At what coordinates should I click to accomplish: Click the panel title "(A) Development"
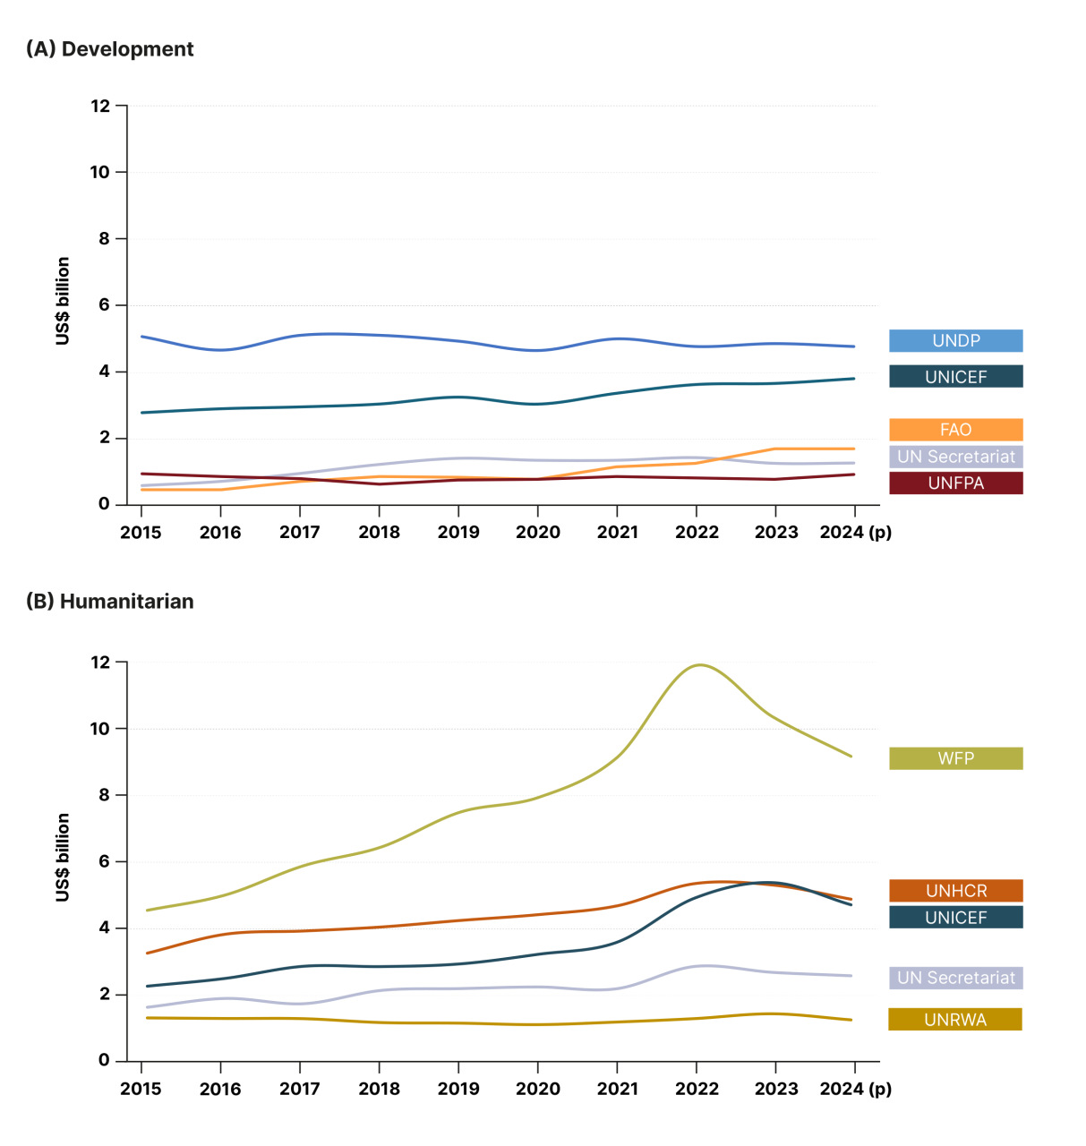tap(109, 49)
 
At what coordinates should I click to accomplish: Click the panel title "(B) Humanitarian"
tap(109, 602)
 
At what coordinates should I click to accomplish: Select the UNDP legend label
tap(955, 341)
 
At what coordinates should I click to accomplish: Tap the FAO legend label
tap(955, 430)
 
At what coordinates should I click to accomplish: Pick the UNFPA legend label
tap(955, 483)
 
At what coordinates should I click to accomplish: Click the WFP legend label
tap(955, 758)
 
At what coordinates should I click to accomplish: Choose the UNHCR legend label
tap(955, 891)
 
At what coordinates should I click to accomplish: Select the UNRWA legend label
tap(954, 1020)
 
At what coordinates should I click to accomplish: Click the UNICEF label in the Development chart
tap(955, 377)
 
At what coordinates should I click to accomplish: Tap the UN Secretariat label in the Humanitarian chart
tap(955, 978)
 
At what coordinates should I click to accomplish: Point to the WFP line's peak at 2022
tap(699, 665)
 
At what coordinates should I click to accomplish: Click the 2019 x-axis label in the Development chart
tap(458, 533)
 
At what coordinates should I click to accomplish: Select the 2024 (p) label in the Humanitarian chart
tap(855, 1090)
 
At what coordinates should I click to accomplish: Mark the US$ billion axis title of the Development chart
tap(63, 302)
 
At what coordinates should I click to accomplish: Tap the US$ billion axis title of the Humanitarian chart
tap(63, 858)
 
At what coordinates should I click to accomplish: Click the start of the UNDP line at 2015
tap(142, 337)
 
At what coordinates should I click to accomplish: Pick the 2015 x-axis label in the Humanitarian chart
tap(141, 1090)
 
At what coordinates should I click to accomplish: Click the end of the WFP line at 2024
tap(851, 757)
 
